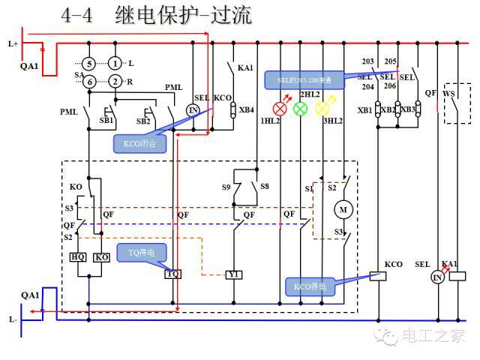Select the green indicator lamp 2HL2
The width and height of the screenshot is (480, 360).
[301, 108]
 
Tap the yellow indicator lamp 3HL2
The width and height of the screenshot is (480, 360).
[322, 108]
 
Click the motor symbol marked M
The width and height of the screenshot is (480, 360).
[344, 210]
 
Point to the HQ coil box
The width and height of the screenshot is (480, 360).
[78, 257]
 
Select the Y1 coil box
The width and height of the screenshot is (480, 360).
[233, 274]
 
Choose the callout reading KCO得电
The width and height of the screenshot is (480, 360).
[309, 286]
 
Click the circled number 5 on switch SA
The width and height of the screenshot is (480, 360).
[88, 64]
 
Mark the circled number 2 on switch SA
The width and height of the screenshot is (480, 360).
[115, 81]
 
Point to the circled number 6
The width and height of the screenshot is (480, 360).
[88, 81]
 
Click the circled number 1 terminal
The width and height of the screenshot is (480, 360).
[115, 64]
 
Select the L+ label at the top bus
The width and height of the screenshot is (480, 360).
[13, 44]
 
